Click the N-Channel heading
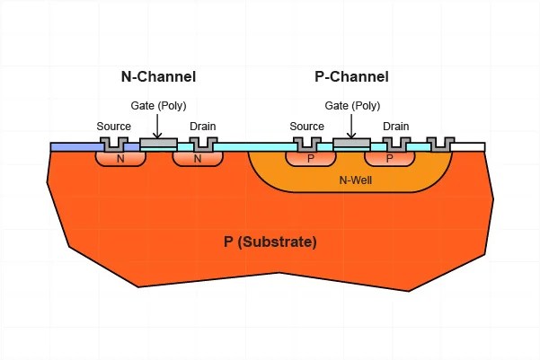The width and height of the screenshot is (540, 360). (158, 76)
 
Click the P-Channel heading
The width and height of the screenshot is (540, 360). (351, 76)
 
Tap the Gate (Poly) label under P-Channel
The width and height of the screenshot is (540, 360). (352, 105)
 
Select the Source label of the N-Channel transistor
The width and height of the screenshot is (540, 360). (113, 127)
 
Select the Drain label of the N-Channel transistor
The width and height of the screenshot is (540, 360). (203, 127)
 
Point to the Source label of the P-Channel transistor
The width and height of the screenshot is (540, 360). (307, 127)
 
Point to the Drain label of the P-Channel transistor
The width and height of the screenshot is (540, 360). (396, 127)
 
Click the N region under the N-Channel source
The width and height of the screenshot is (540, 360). (120, 158)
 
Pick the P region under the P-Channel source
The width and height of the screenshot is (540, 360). (311, 158)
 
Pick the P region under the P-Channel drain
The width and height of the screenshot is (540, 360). (389, 158)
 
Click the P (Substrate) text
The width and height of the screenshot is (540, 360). (270, 241)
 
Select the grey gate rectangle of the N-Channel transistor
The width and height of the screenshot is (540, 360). (159, 143)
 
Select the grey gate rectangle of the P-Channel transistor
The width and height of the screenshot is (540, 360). (351, 143)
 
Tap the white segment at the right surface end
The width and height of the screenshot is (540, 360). (468, 146)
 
